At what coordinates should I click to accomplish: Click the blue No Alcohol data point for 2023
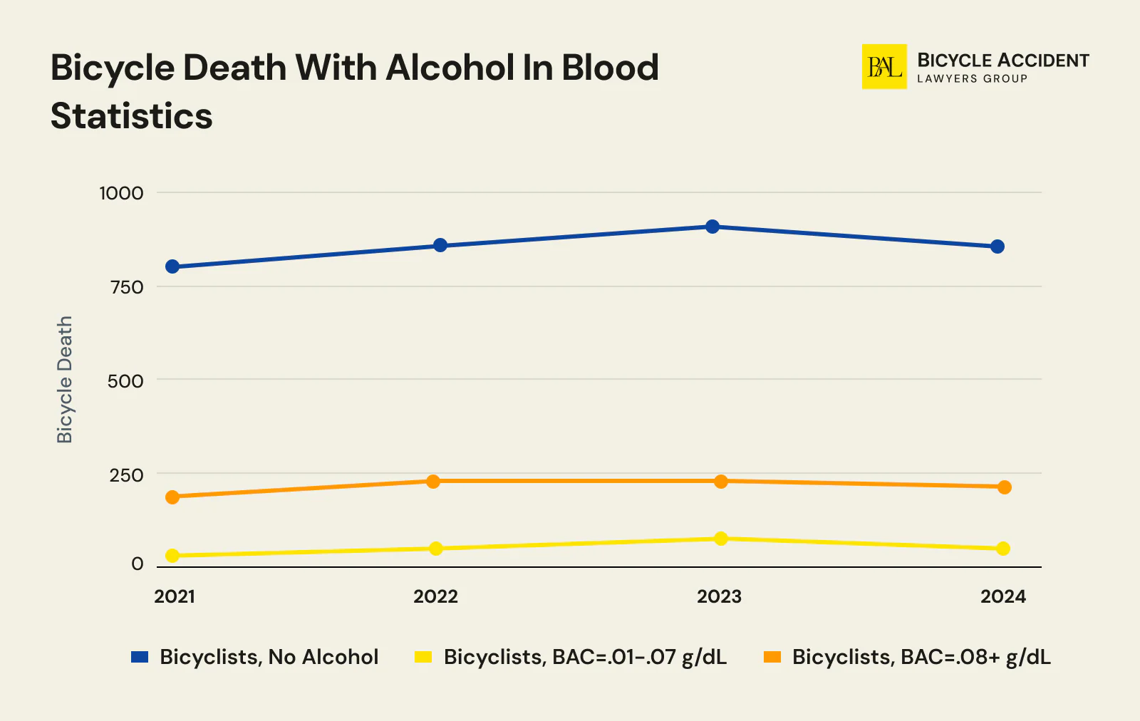(712, 227)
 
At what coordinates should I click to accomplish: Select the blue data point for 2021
(172, 266)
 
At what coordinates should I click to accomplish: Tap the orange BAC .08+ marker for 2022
(433, 481)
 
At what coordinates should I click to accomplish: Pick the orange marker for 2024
(1004, 487)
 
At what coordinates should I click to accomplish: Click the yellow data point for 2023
(720, 538)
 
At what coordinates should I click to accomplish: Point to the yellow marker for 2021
(172, 556)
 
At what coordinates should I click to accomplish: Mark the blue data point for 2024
(997, 247)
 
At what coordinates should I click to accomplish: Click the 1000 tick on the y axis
(121, 193)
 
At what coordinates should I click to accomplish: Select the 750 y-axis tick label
(127, 287)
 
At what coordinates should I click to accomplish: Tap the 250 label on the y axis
(126, 475)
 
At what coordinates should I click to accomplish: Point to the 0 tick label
(138, 564)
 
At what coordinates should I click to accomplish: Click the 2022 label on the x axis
(435, 596)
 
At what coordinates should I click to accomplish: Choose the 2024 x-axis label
(1002, 596)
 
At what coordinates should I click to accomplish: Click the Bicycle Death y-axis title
(65, 380)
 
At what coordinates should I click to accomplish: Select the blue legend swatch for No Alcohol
(140, 657)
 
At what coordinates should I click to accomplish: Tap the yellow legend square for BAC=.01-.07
(423, 657)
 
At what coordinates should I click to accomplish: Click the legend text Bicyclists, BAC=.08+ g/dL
(921, 657)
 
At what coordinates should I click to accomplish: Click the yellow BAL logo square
(884, 67)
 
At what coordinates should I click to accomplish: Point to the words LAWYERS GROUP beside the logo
(972, 79)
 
